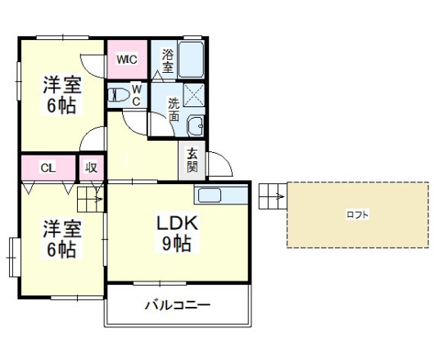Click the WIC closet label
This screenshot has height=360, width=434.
coord(126,59)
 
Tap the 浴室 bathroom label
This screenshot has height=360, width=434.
coord(168,62)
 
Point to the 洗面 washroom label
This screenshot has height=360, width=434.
coord(174,110)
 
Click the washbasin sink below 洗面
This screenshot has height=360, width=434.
coord(197,127)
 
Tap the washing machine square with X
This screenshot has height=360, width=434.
coord(196,97)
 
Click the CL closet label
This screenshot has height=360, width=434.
coord(48,168)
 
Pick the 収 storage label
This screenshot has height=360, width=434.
coord(91,168)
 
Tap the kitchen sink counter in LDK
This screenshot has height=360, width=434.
coord(220,196)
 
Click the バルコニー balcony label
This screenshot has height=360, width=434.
coord(178,306)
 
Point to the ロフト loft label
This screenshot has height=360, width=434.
coord(357,214)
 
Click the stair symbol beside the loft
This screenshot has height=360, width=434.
coord(273,196)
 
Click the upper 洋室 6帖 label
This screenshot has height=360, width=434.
coord(61,94)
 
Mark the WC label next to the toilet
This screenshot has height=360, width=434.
coord(137,95)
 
